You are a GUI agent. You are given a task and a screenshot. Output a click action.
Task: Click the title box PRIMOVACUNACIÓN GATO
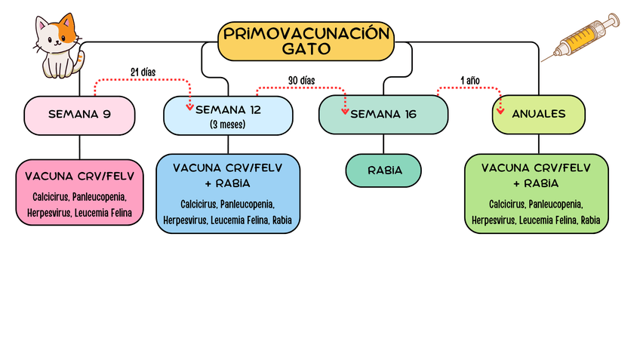306,41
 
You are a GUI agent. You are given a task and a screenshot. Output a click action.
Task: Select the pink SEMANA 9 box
79,115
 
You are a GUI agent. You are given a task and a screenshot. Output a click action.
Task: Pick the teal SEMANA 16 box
383,115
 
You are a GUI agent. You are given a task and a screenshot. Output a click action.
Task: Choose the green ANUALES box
539,114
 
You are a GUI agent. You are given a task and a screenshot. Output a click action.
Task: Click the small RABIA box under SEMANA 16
384,171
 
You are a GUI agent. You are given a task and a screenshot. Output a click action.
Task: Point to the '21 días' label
143,72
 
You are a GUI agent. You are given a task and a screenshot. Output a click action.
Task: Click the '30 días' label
301,80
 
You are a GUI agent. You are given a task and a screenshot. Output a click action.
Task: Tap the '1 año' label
469,80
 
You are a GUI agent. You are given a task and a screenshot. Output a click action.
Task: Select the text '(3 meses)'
227,124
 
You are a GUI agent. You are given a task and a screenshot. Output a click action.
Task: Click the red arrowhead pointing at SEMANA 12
189,106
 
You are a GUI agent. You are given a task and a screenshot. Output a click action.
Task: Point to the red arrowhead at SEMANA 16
346,112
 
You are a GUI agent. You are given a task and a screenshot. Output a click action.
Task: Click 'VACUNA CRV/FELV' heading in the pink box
79,177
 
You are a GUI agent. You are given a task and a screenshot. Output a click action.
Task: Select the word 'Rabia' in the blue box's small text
282,220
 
